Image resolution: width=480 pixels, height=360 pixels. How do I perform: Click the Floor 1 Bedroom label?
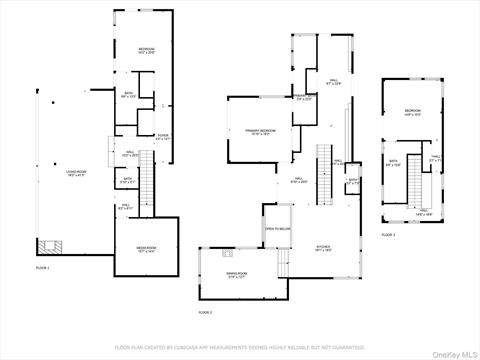tap(146, 50)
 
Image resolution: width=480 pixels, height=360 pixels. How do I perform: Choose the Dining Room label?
tap(236, 274)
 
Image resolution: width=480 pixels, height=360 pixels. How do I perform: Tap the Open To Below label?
tap(277, 228)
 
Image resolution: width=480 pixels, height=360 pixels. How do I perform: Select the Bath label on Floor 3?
tap(393, 164)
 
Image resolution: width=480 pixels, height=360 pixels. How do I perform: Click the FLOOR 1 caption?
tap(42, 268)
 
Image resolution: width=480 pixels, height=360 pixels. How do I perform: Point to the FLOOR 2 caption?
tap(205, 313)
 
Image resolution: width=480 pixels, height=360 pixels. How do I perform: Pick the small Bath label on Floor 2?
tap(353, 182)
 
